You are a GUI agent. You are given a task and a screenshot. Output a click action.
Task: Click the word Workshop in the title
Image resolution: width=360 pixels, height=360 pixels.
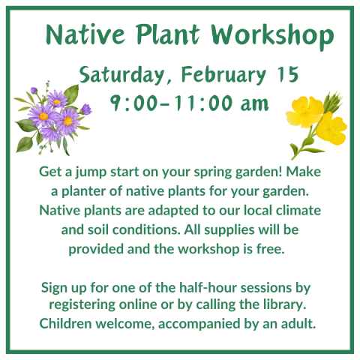[x=272, y=35]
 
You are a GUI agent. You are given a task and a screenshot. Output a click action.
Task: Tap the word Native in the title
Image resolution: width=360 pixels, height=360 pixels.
[x=85, y=34]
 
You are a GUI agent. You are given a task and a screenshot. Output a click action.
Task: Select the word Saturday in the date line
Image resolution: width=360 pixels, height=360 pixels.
[x=121, y=74]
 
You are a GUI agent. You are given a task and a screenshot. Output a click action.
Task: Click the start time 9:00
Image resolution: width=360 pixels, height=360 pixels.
[x=134, y=103]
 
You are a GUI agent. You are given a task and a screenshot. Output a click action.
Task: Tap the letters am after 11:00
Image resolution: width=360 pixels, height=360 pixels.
[x=254, y=104]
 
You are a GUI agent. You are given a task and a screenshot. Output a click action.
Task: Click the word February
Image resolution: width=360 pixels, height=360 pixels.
[x=223, y=74]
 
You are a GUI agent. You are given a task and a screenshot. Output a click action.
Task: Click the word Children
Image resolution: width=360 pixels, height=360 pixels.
[x=65, y=323]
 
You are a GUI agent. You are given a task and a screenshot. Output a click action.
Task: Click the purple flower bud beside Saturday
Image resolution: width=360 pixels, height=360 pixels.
[x=86, y=109]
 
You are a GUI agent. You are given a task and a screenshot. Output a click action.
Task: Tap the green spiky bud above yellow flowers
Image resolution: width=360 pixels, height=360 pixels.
[x=332, y=101]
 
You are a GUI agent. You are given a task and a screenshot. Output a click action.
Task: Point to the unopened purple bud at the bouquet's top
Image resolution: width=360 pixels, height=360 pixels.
[x=34, y=90]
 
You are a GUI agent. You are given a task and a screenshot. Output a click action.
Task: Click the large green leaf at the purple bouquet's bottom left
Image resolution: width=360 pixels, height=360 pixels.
[x=25, y=144]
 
